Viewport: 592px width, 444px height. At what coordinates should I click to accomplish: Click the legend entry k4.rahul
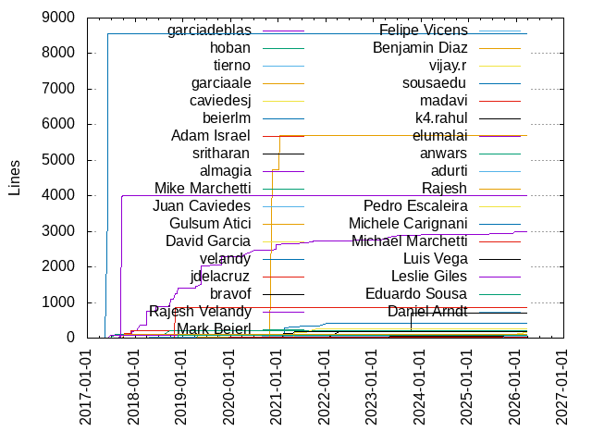pyautogui.click(x=441, y=117)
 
